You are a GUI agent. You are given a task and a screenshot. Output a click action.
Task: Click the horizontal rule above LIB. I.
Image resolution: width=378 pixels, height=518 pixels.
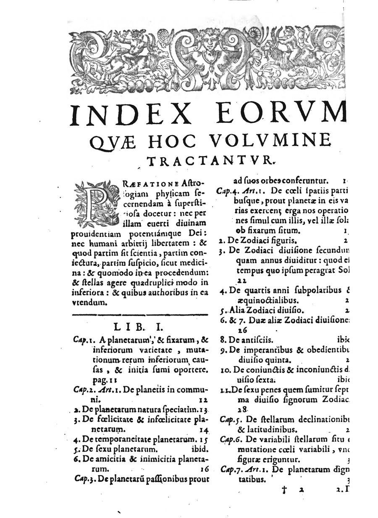click(140, 314)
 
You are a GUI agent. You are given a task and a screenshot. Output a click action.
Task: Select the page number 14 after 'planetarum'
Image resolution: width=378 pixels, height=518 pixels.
click(205, 430)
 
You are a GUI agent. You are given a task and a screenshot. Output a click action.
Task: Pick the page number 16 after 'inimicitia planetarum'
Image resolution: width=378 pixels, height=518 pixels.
click(205, 468)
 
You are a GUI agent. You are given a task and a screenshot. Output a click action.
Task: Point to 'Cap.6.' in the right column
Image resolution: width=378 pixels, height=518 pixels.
click(230, 439)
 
